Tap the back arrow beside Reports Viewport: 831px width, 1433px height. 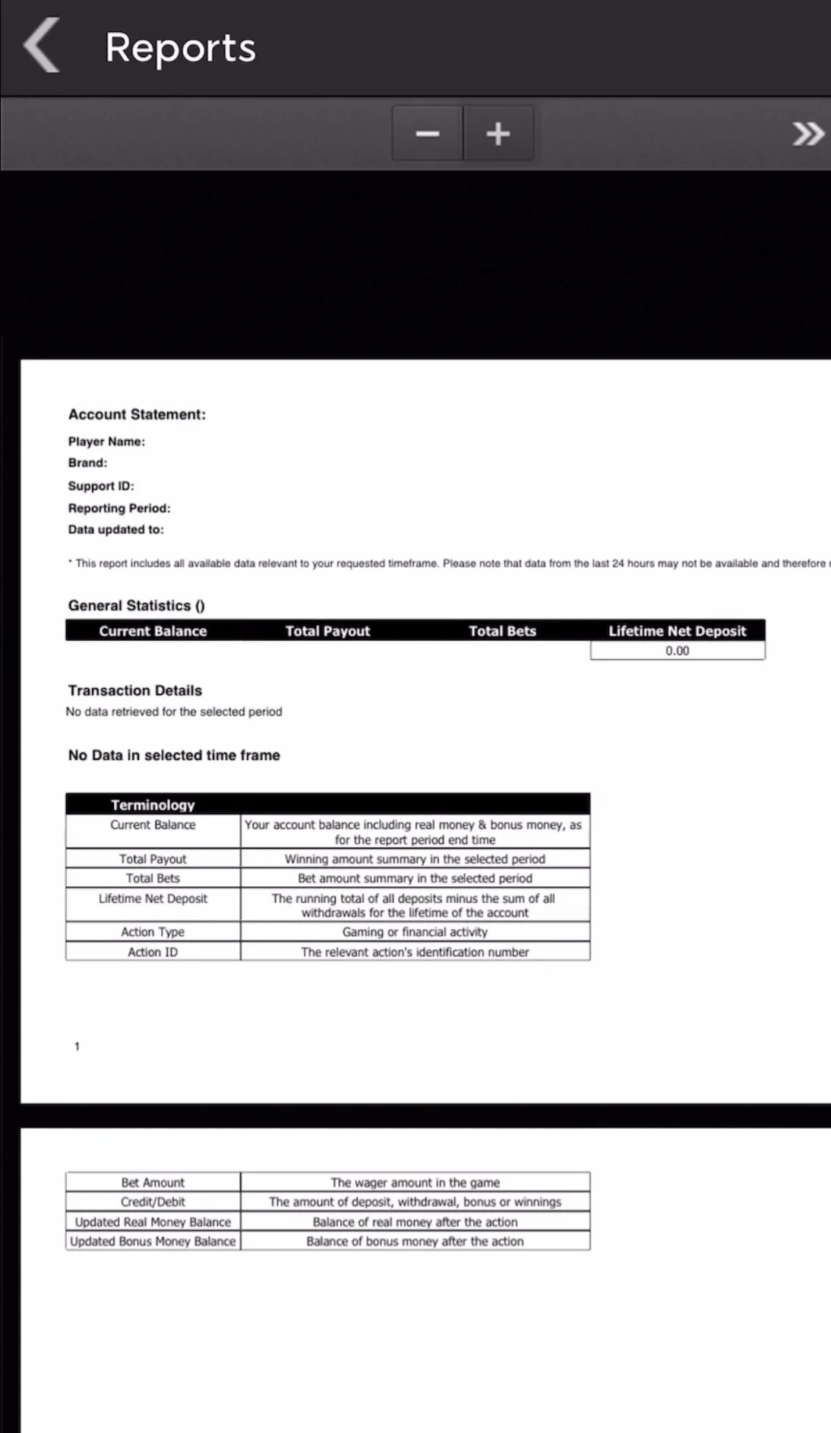pos(42,46)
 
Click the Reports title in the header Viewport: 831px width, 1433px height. pos(180,48)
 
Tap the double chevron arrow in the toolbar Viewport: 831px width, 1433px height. pos(807,134)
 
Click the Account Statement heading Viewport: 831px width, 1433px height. pos(137,414)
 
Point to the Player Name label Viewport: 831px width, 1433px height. pos(106,442)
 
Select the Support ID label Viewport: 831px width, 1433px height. pos(101,486)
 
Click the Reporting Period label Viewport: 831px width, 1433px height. pos(119,508)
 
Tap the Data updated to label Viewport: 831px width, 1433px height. pos(115,530)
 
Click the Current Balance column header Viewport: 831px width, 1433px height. pos(153,631)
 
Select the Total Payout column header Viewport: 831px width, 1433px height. pos(327,631)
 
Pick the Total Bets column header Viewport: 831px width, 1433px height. pos(502,631)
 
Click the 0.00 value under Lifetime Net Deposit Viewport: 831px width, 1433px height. pos(677,651)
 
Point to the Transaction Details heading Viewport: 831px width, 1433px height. pos(135,690)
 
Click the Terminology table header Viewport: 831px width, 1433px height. pos(153,804)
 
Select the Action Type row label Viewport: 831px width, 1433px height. pos(153,932)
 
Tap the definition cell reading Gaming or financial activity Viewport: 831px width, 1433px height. pos(415,932)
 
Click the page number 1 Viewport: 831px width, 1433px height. pos(77,1047)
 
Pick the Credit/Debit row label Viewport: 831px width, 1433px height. pos(153,1202)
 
